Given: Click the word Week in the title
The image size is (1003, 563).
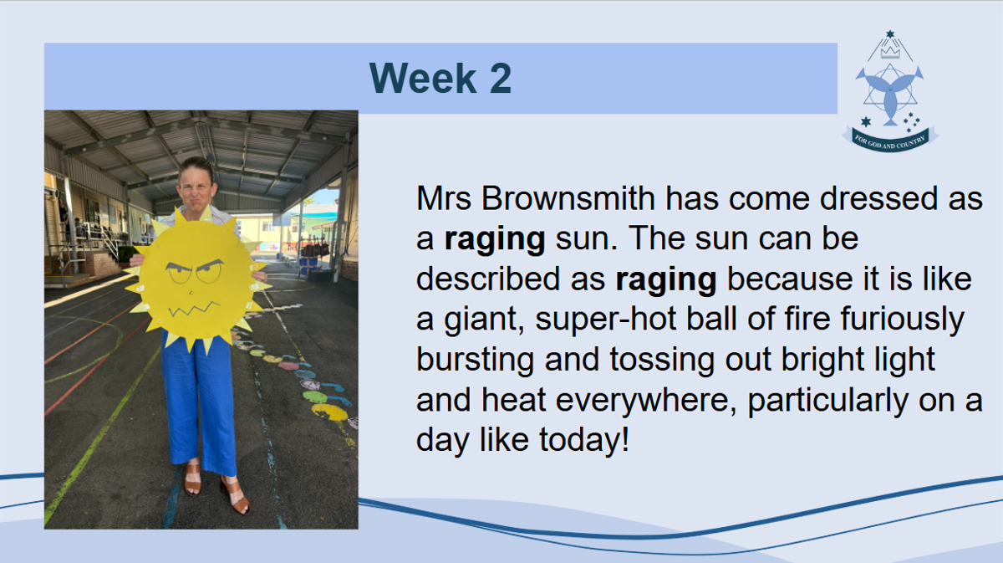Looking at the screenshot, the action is point(423,78).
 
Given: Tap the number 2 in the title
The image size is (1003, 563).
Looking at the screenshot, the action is point(501,78).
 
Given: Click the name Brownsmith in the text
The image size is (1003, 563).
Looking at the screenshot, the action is point(568,197).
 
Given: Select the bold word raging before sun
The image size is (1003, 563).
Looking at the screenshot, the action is point(494,240).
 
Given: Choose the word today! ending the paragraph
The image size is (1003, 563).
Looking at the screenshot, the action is point(584,439).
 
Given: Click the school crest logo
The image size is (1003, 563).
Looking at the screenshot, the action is point(889,91).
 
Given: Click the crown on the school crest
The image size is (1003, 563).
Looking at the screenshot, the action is point(889,53).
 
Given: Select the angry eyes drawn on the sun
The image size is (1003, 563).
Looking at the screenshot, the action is point(196,271).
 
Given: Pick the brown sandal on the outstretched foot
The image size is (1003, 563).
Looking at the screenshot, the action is point(236,497).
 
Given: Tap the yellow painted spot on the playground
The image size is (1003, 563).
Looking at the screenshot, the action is point(329,412).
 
